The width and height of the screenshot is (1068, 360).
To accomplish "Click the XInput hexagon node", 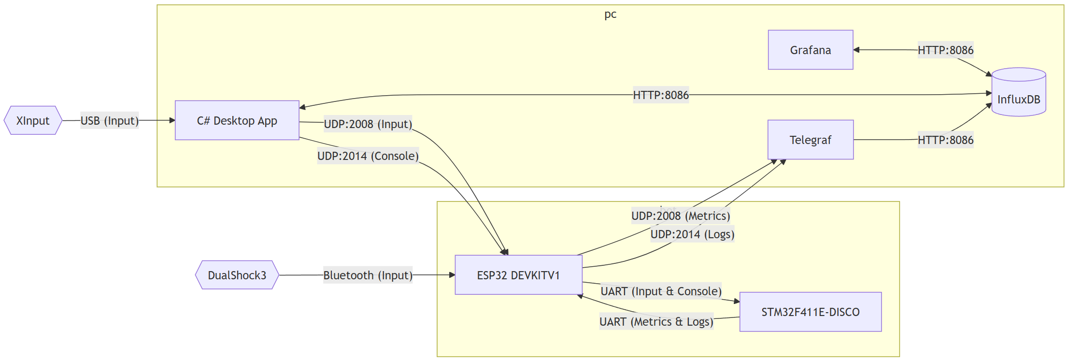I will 33,120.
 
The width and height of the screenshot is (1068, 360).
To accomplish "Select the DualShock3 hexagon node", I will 237,275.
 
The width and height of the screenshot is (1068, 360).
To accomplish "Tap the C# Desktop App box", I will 237,120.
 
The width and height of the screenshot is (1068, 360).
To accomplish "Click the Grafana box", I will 810,50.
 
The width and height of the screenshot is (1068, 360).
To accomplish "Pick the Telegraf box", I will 810,140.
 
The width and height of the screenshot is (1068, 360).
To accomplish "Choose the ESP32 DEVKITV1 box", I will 518,275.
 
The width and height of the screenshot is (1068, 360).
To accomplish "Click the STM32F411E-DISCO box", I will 810,312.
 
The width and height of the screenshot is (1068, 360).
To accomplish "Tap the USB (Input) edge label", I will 110,120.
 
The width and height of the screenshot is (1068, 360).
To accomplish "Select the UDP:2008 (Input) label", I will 368,124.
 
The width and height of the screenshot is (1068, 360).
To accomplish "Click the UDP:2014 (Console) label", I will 368,156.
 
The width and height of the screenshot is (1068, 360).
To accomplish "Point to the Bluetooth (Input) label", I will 368,275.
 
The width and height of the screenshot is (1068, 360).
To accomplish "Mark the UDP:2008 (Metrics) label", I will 681,216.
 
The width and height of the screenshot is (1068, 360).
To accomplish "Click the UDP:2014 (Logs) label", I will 692,234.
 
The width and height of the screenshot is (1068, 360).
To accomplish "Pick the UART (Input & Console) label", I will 661,291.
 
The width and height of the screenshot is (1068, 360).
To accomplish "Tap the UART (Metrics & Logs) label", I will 656,322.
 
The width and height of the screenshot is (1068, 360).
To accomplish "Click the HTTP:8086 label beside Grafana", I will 945,50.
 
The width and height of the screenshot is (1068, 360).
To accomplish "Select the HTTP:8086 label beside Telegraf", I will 945,140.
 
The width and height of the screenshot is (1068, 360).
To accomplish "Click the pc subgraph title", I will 610,14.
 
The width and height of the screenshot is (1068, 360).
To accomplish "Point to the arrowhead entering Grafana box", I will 856,50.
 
